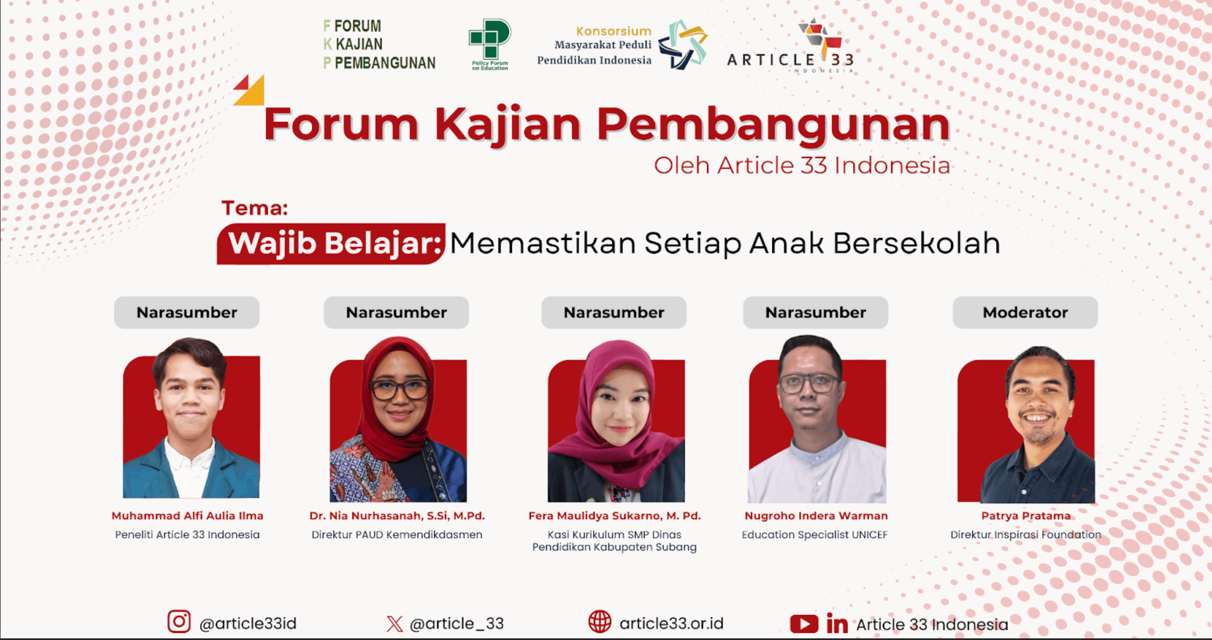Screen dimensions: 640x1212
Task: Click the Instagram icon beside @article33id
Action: [x=179, y=621]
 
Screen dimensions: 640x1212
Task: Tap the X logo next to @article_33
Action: [x=394, y=623]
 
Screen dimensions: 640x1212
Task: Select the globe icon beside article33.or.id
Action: [x=599, y=621]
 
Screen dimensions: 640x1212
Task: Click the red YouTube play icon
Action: [x=803, y=624]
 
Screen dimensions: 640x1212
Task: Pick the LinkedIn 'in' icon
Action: [x=837, y=624]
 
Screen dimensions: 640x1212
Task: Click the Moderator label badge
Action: [x=1025, y=312]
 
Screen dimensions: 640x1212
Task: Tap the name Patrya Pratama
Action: [x=1025, y=515]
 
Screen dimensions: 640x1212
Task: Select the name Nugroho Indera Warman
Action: [x=815, y=515]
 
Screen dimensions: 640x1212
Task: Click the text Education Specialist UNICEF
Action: [x=814, y=534]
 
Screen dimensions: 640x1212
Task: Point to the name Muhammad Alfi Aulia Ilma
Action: [x=187, y=515]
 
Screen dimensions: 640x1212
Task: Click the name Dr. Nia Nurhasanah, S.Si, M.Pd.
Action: [x=397, y=515]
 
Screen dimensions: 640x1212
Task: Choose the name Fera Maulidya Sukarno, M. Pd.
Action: [x=614, y=515]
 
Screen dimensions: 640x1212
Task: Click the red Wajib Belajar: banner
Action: [x=331, y=243]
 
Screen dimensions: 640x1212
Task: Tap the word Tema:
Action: [x=255, y=208]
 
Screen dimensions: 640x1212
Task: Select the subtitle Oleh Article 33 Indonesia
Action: [x=802, y=165]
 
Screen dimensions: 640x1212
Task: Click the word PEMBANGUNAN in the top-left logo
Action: [x=385, y=63]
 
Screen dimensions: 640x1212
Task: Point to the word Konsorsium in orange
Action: [x=613, y=31]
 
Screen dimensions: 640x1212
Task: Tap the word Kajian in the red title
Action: [x=507, y=125]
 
